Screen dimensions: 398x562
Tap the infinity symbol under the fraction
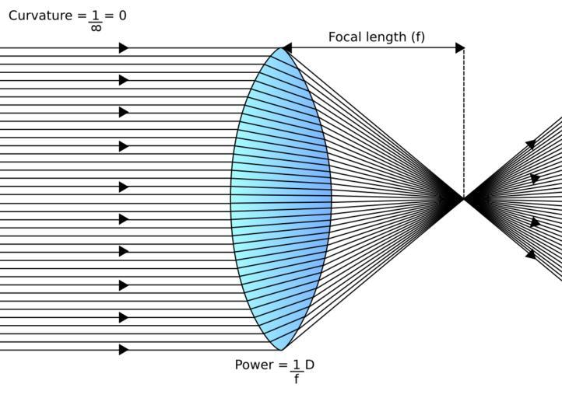[x=96, y=29]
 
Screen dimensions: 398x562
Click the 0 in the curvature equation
[x=121, y=16]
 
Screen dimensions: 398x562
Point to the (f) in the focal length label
[x=417, y=37]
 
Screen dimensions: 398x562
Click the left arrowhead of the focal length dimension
[x=286, y=48]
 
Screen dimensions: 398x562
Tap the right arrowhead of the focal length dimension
[x=460, y=48]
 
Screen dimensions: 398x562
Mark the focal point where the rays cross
[x=464, y=199]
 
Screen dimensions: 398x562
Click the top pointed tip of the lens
[x=281, y=48]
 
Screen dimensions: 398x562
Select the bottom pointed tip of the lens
[x=281, y=350]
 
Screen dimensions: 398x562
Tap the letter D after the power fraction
[x=310, y=365]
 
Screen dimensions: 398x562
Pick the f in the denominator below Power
[x=297, y=379]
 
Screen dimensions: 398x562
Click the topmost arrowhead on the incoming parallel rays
[x=123, y=48]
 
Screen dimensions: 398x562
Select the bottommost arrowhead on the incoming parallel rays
[x=123, y=350]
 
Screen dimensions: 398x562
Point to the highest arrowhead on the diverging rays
[x=531, y=144]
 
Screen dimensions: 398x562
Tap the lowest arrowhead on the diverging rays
[x=531, y=254]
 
